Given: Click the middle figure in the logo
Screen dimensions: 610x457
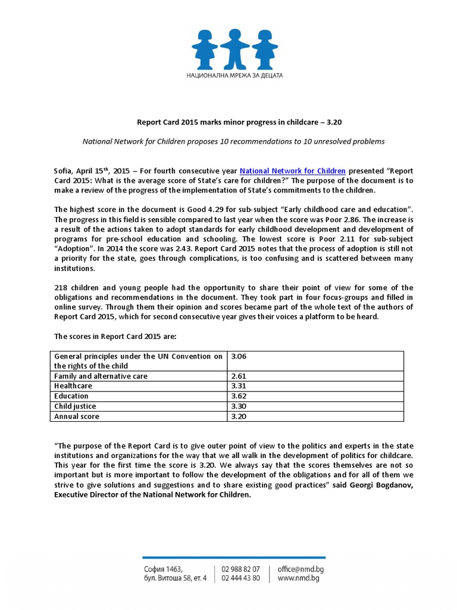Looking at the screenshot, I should pyautogui.click(x=234, y=48).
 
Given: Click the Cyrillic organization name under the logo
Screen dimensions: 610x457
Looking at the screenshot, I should pyautogui.click(x=234, y=76).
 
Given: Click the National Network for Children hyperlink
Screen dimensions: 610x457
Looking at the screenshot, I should pyautogui.click(x=292, y=170).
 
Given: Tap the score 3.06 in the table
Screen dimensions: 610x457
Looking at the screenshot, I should pyautogui.click(x=238, y=356).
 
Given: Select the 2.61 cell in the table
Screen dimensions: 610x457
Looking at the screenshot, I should pyautogui.click(x=238, y=376).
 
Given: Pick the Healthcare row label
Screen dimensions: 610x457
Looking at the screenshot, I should pyautogui.click(x=73, y=386).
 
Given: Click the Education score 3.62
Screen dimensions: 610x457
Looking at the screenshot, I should pyautogui.click(x=238, y=396).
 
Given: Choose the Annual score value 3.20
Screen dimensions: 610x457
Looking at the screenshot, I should pyautogui.click(x=238, y=416).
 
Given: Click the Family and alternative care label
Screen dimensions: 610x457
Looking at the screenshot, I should pyautogui.click(x=101, y=376).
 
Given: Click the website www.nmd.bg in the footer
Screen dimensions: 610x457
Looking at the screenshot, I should pyautogui.click(x=298, y=578).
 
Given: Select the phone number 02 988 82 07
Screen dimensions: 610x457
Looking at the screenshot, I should pyautogui.click(x=240, y=569).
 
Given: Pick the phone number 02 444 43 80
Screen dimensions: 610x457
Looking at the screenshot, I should pyautogui.click(x=240, y=578).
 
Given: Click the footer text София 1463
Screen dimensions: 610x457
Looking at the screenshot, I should pyautogui.click(x=159, y=569).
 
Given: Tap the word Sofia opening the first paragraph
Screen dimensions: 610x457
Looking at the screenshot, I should pyautogui.click(x=64, y=170).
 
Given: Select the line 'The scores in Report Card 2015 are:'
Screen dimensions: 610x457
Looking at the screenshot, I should pyautogui.click(x=115, y=337).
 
